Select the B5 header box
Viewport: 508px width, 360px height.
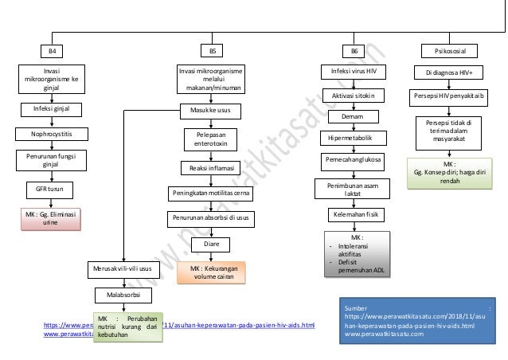[212, 52]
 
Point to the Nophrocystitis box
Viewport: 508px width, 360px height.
[52, 135]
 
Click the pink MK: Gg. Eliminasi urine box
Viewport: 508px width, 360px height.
[52, 219]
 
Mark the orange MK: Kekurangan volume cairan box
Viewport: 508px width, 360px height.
[212, 273]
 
